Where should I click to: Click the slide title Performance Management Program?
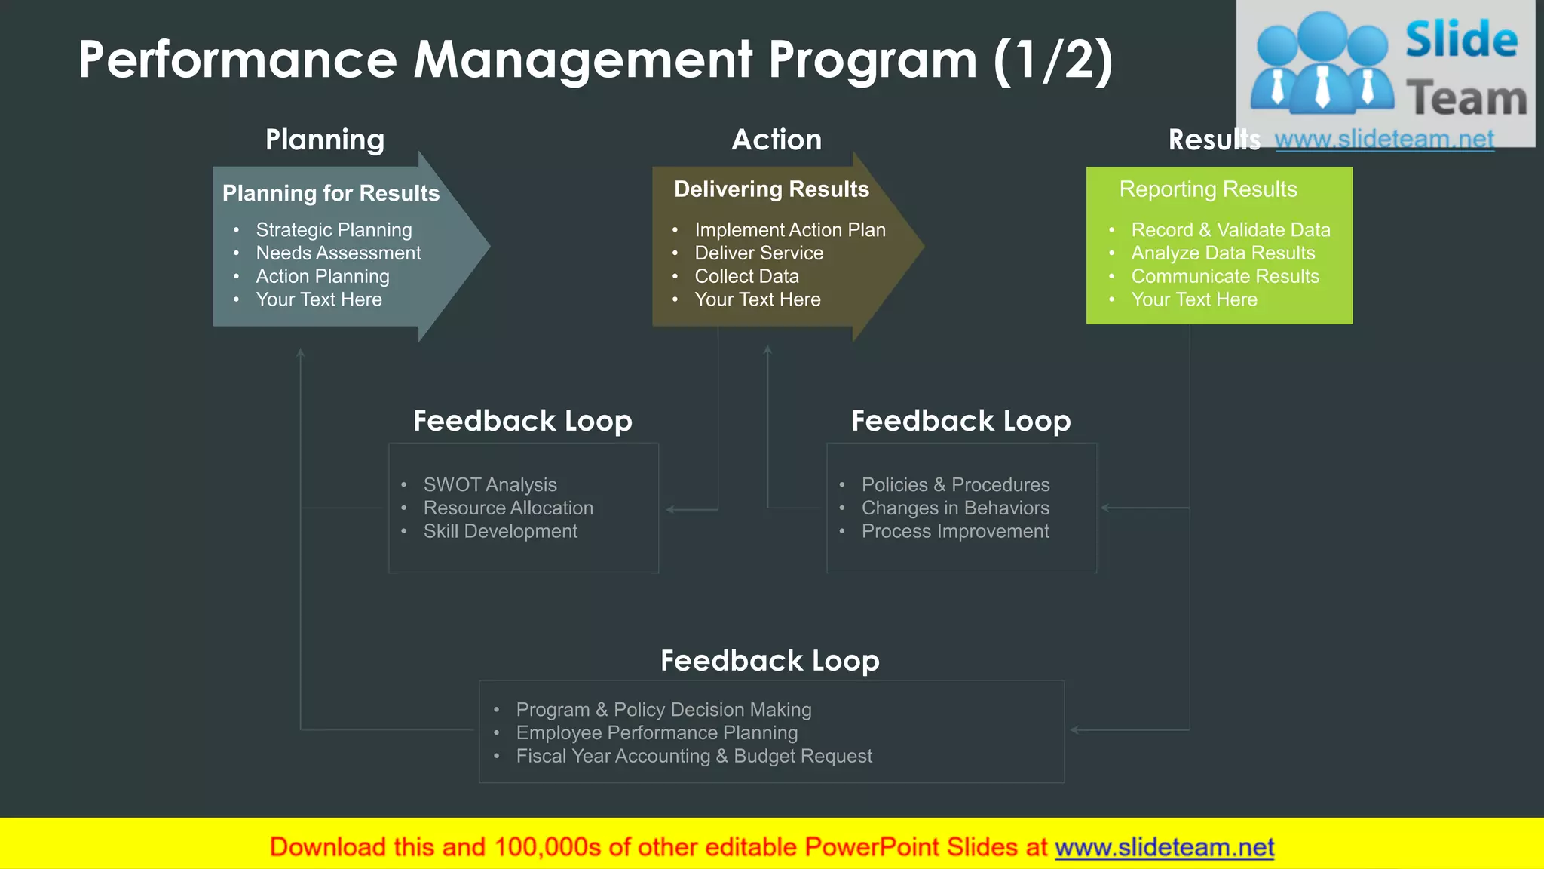click(596, 60)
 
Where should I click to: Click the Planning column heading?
click(325, 140)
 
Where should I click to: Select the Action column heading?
click(777, 140)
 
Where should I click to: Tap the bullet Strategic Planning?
click(333, 230)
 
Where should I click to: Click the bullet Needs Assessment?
click(338, 253)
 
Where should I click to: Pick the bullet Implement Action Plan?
click(789, 230)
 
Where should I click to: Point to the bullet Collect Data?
click(746, 277)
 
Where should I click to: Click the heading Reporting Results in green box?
click(1208, 189)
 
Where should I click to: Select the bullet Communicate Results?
click(1224, 277)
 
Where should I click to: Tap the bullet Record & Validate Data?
click(1230, 230)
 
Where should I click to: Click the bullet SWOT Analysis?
click(490, 485)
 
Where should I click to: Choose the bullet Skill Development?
click(500, 532)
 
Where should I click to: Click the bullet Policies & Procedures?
click(955, 485)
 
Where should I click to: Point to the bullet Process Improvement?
click(955, 532)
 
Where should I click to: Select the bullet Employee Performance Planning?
click(656, 733)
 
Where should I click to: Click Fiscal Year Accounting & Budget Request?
click(694, 757)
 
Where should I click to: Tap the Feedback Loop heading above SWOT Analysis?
click(522, 421)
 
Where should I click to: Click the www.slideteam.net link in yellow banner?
click(1164, 848)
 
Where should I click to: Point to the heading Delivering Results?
click(771, 189)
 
